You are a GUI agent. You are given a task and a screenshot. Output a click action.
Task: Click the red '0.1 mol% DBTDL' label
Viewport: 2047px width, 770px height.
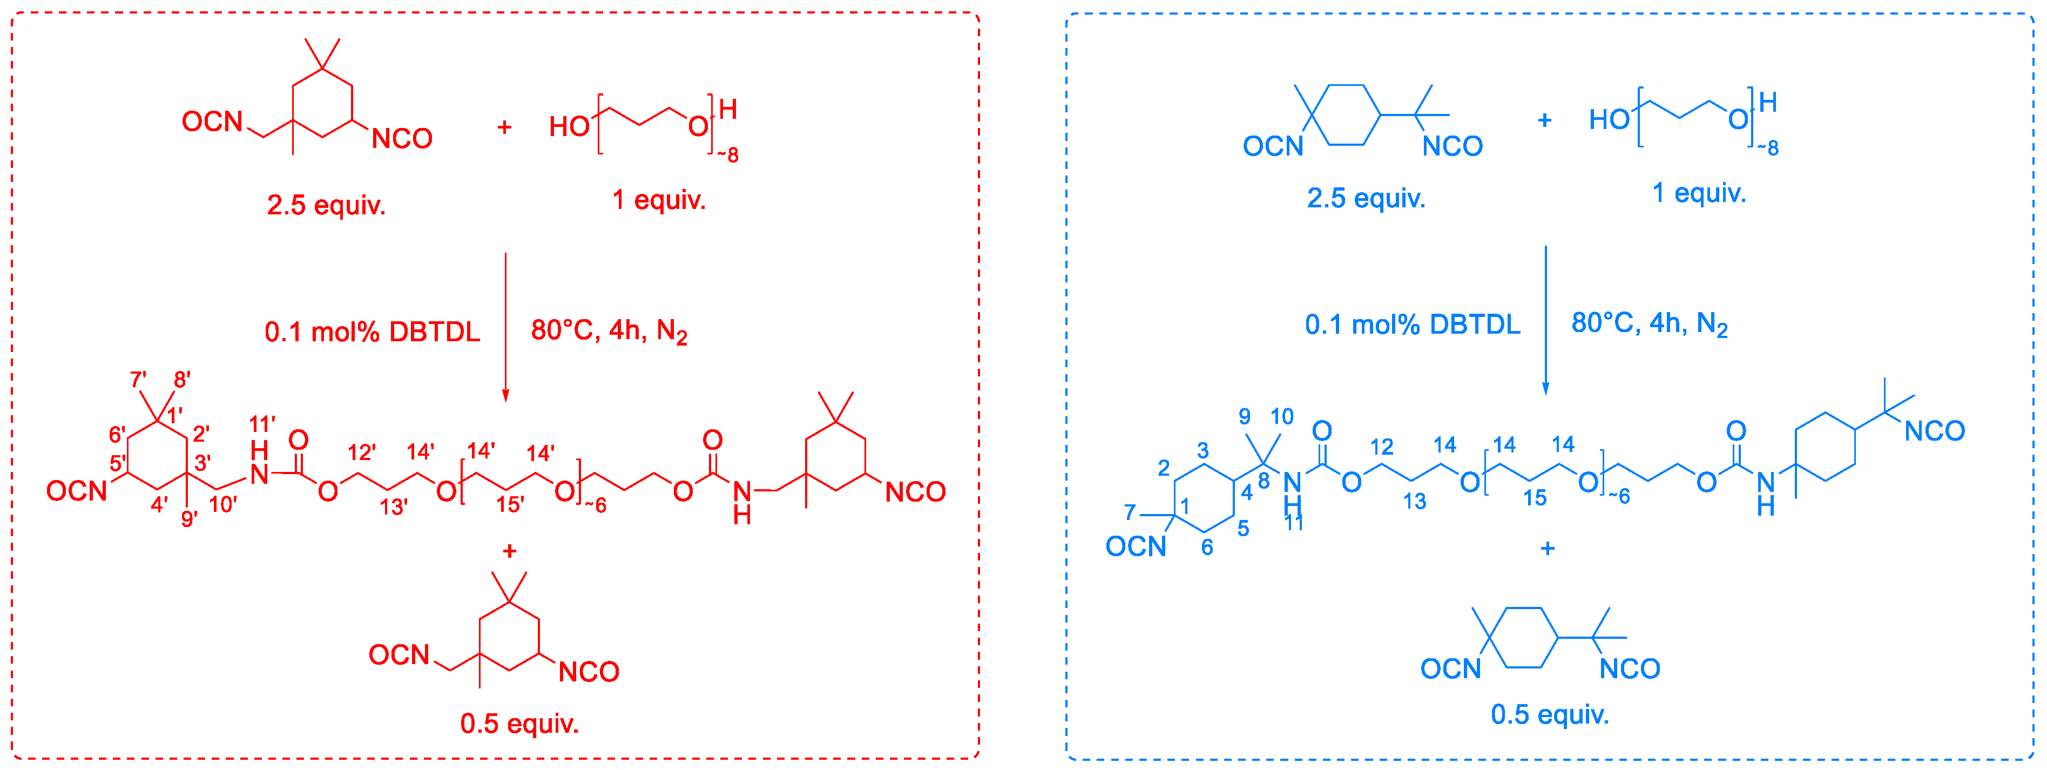pos(372,332)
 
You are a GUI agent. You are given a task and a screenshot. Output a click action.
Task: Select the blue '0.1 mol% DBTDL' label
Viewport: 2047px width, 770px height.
pos(1412,324)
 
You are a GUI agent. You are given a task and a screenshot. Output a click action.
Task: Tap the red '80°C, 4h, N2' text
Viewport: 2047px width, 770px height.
pos(609,330)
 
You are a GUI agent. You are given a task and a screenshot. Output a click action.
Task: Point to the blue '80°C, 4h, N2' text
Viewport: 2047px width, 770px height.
pos(1649,323)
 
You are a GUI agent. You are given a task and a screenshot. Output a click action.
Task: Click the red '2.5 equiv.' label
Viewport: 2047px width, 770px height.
pos(326,205)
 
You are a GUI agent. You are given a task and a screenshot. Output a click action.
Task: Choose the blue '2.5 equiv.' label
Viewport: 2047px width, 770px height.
pos(1366,198)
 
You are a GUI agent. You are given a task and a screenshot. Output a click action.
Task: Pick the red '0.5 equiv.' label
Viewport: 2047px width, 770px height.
pos(519,723)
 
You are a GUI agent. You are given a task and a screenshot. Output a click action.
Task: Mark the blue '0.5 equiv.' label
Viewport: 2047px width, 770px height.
pos(1550,714)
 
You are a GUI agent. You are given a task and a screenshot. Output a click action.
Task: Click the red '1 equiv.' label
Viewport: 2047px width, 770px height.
pos(659,199)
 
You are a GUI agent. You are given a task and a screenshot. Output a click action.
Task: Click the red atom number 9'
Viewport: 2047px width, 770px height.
pos(189,519)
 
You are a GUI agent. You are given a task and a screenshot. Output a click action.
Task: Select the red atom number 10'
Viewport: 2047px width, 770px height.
pos(224,504)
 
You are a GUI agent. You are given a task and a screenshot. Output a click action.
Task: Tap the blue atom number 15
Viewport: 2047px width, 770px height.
pos(1535,498)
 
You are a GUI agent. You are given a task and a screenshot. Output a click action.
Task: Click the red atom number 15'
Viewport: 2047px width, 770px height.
pos(510,504)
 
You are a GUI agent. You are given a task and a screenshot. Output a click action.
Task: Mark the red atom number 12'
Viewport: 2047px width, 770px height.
pos(362,453)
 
